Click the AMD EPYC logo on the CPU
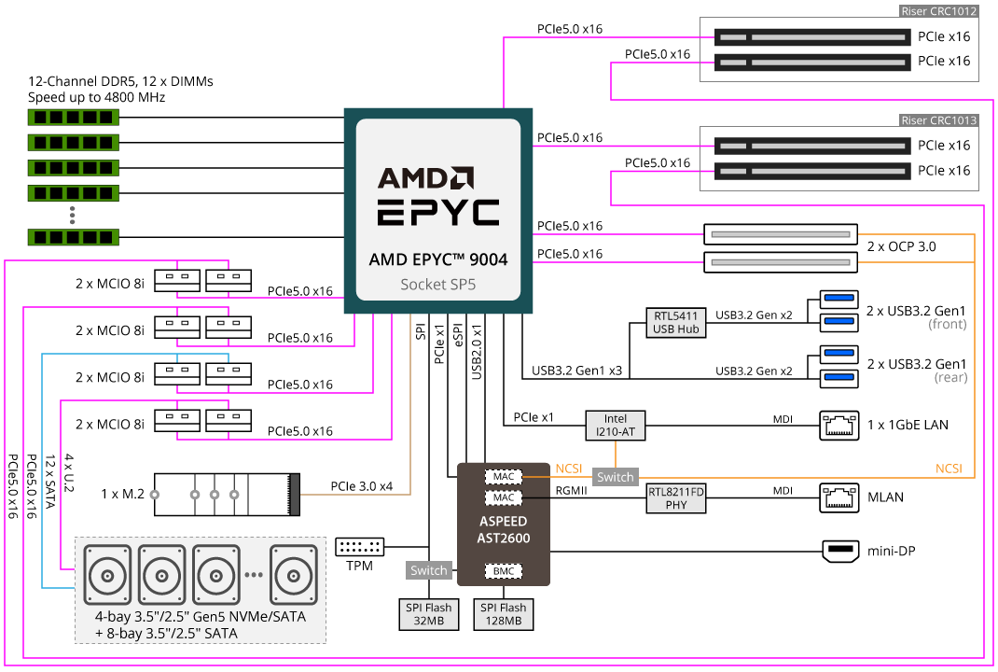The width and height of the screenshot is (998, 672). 438,195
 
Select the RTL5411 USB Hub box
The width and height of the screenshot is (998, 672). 675,322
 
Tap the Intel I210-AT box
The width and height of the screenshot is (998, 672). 616,426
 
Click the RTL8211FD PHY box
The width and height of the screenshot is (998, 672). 676,497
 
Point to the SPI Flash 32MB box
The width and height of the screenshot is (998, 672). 428,614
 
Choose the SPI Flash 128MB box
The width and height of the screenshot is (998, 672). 504,614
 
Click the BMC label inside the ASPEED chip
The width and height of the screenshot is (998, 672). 503,570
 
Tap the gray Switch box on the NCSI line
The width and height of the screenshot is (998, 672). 615,477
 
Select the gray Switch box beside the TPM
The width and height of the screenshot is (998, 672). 429,569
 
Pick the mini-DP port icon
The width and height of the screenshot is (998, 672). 840,552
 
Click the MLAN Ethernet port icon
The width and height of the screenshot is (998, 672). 839,497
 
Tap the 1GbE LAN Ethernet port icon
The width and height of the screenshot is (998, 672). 839,425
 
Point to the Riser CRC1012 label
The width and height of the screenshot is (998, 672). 938,12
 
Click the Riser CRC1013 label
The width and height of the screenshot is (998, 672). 938,120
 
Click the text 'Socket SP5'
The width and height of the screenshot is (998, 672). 437,284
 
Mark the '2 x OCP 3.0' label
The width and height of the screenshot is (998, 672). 901,247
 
